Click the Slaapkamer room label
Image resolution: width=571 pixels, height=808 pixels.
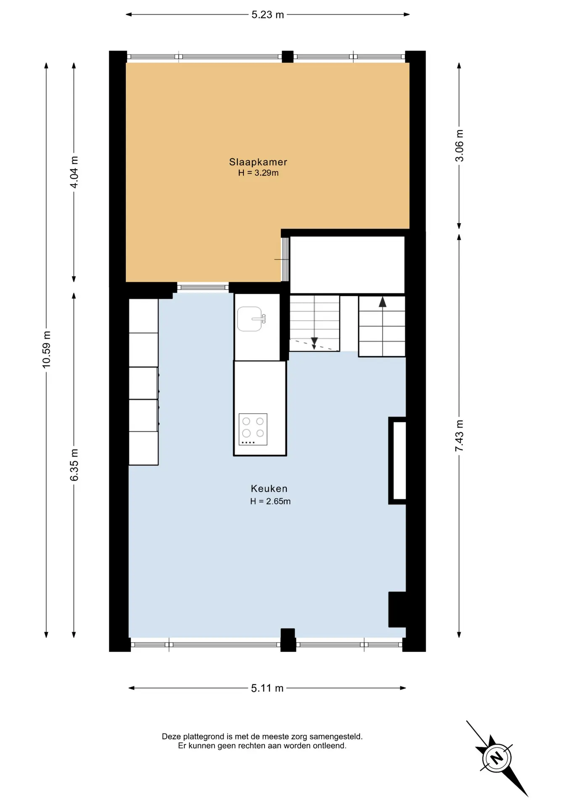coord(258,162)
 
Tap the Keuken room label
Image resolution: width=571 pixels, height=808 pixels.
coord(269,489)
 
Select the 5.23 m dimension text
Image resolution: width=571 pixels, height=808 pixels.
coord(268,15)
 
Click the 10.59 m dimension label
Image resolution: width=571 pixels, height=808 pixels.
coord(46,350)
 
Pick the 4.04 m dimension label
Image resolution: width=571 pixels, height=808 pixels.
coord(74,172)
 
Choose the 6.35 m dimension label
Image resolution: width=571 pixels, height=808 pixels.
coord(74,465)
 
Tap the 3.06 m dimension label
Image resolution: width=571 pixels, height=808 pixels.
coord(459,146)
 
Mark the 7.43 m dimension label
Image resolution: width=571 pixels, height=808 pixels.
coord(459,436)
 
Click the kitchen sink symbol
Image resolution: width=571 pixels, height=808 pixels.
coord(251,319)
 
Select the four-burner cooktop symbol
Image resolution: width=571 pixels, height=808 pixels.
coord(253,429)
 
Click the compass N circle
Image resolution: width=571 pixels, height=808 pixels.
coord(497,758)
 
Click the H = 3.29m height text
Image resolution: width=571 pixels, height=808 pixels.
coord(258,173)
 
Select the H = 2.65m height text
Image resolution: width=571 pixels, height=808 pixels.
coord(270,501)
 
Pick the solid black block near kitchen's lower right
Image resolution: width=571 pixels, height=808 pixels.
coord(397,609)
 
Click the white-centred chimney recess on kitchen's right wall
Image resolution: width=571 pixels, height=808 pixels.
coord(397,460)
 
